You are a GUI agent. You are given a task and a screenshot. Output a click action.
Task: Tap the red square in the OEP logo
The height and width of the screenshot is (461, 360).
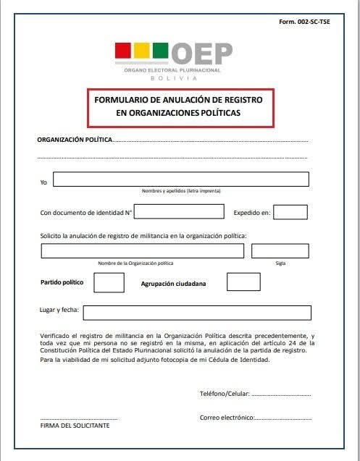122,51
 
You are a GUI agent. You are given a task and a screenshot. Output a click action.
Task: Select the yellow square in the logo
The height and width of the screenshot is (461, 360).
141,51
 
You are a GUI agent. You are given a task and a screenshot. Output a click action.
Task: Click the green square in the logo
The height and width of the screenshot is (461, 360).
160,51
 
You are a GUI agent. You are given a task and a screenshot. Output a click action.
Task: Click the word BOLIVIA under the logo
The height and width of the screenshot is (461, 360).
173,77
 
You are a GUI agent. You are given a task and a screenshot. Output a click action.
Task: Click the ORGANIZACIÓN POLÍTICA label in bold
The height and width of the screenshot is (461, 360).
74,140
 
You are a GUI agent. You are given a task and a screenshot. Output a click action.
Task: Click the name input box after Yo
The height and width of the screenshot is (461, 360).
180,179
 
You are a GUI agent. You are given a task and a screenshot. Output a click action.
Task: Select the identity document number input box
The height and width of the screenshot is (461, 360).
180,211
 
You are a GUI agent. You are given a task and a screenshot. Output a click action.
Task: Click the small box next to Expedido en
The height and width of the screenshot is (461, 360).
290,212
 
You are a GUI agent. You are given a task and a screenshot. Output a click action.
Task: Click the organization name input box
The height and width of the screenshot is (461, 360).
142,251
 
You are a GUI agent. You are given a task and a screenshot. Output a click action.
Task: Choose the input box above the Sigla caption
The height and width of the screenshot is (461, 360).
280,251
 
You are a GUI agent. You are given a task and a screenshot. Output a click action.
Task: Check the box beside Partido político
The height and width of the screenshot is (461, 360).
109,282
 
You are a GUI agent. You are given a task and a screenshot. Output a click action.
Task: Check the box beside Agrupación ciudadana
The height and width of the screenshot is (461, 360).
243,282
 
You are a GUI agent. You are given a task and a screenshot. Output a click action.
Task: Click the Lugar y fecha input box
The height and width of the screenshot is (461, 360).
197,313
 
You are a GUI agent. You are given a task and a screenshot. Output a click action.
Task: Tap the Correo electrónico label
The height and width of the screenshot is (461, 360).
227,418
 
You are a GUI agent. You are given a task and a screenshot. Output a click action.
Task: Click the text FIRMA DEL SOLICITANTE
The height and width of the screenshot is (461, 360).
75,426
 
